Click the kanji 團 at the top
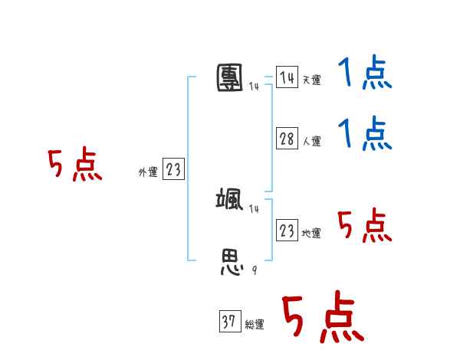[231, 77]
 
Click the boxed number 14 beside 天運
[287, 77]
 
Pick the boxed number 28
[287, 139]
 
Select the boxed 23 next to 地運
[287, 231]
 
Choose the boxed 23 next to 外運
[173, 170]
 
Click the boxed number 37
[229, 322]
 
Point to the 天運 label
[311, 80]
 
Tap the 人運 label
[311, 141]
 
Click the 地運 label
[311, 233]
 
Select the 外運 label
[148, 172]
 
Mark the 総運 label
[255, 325]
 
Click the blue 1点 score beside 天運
[364, 75]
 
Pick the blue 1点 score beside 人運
[364, 134]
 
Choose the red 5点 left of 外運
[74, 165]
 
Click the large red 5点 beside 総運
[322, 318]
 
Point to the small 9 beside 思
[253, 270]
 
